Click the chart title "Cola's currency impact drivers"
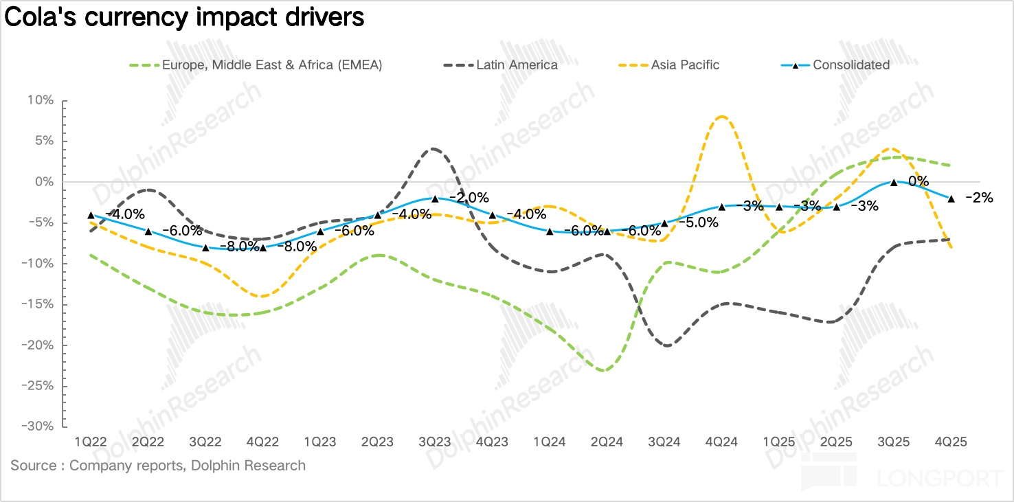click(x=185, y=18)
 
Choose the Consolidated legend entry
click(x=850, y=65)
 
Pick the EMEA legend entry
click(x=271, y=65)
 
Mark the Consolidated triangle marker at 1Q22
click(x=91, y=215)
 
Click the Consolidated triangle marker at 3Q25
click(x=894, y=182)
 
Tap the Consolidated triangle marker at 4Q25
click(x=951, y=198)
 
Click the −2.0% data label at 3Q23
click(x=469, y=198)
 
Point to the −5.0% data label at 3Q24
click(x=699, y=223)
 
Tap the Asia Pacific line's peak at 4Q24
click(x=721, y=117)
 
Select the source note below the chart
click(x=158, y=466)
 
